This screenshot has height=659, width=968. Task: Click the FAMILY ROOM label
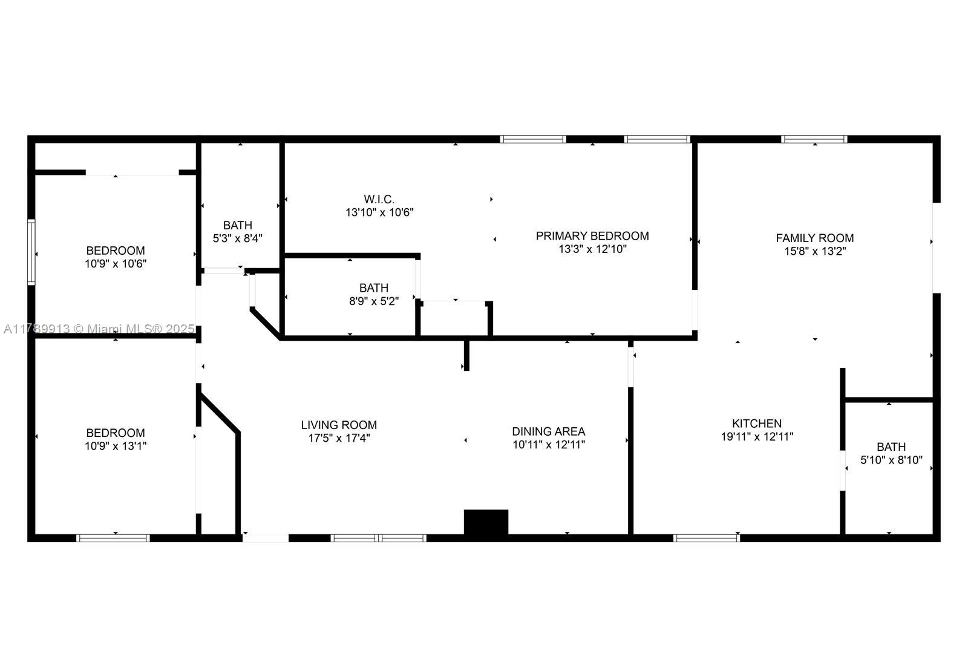click(x=814, y=238)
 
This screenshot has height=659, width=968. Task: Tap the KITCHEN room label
click(x=756, y=424)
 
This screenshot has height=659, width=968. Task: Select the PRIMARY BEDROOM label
click(x=592, y=236)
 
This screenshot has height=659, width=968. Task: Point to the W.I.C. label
click(x=379, y=199)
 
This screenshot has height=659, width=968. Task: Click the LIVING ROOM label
click(x=339, y=425)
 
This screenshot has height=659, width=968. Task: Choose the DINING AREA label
click(x=548, y=431)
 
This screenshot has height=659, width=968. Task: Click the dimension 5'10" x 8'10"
click(x=891, y=460)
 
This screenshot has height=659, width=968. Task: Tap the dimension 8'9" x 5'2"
click(x=374, y=301)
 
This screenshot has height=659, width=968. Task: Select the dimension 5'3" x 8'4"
click(x=237, y=238)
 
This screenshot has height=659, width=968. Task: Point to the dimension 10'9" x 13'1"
click(x=116, y=446)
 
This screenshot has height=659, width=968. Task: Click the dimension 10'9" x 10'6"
click(x=116, y=264)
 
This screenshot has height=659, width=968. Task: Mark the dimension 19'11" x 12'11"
click(x=757, y=436)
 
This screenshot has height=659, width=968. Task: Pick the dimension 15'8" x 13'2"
click(x=814, y=251)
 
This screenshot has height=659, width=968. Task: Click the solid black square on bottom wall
click(x=486, y=522)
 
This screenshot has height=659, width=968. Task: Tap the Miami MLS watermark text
click(x=99, y=329)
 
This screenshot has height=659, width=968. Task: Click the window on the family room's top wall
click(x=814, y=139)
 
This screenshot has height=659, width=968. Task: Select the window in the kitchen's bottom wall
click(x=707, y=537)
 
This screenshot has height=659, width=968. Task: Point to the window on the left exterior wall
click(x=31, y=252)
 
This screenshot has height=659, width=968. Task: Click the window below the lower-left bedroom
click(x=113, y=537)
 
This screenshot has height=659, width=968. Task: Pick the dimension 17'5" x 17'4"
click(x=339, y=438)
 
